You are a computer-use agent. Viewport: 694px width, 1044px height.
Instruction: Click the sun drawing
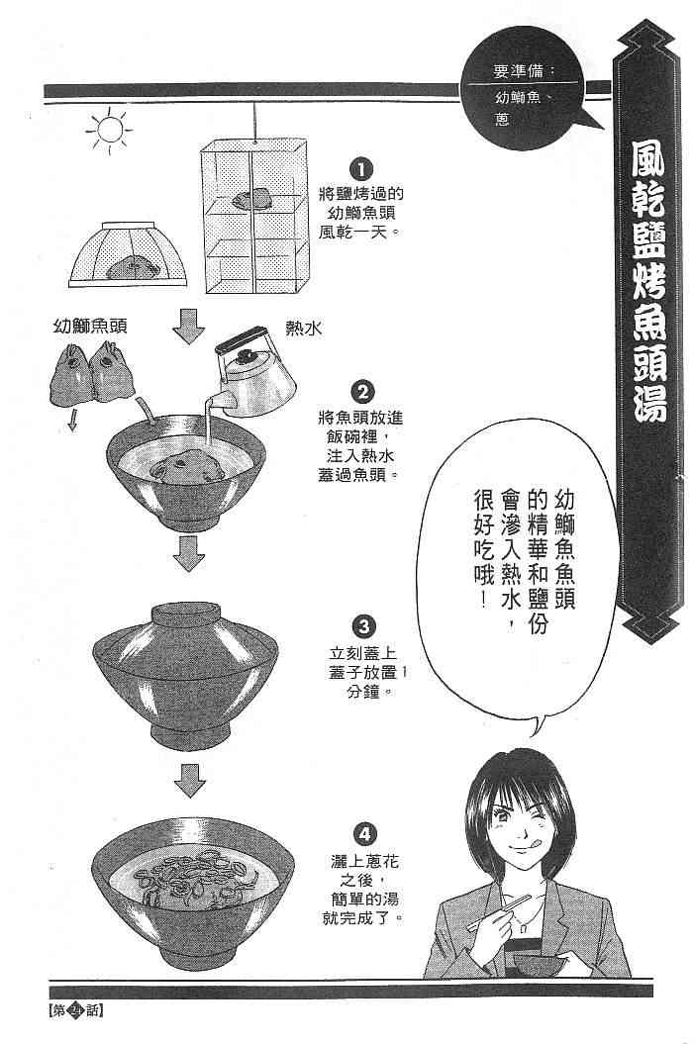(109, 129)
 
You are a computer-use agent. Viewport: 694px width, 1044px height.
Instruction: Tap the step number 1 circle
(361, 170)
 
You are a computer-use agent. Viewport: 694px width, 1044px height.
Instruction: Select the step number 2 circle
(362, 392)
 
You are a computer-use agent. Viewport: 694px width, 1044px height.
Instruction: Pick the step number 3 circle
(363, 626)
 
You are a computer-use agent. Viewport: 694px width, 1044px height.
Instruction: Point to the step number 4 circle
(363, 833)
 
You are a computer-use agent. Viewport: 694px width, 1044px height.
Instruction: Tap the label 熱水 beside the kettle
(304, 328)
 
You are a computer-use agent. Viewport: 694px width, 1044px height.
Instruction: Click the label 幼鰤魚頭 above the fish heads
(90, 326)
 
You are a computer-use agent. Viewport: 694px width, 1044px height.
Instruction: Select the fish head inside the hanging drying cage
(251, 198)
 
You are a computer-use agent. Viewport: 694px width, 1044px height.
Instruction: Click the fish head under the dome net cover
(133, 267)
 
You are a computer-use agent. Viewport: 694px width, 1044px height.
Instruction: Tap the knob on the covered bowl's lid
(186, 614)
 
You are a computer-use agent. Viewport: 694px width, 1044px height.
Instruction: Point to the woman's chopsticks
(499, 911)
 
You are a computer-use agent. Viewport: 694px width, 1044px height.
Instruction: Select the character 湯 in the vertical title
(648, 399)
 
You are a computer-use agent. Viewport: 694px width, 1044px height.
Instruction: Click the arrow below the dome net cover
(189, 326)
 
